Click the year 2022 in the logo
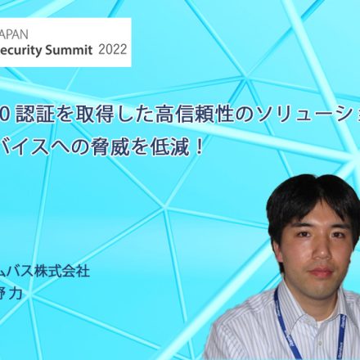pyautogui.click(x=112, y=48)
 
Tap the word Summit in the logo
pyautogui.click(x=70, y=48)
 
